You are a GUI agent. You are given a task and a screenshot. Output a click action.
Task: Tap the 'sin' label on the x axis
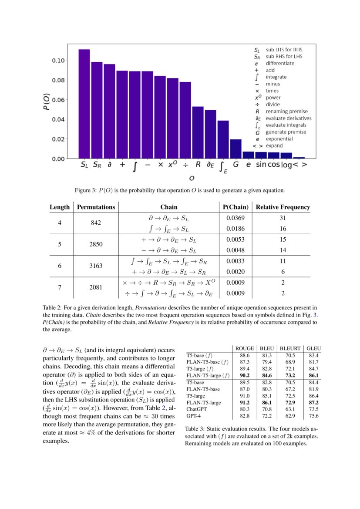click(261, 165)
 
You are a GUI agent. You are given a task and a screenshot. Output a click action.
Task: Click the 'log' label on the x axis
click(286, 165)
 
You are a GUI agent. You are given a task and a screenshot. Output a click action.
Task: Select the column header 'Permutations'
click(96, 207)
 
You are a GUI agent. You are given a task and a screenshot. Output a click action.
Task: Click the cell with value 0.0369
click(235, 218)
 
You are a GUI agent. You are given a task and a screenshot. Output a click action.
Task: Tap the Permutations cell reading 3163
click(96, 266)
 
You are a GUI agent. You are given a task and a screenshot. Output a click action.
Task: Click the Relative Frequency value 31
click(283, 218)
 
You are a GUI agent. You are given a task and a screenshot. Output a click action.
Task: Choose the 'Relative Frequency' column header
click(283, 207)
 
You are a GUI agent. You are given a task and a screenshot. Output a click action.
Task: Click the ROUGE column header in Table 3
click(244, 348)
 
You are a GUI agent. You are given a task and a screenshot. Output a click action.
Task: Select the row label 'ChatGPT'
click(197, 409)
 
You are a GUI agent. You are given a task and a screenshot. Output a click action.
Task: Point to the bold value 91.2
click(244, 403)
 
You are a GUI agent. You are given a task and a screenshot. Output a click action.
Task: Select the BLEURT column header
click(289, 348)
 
